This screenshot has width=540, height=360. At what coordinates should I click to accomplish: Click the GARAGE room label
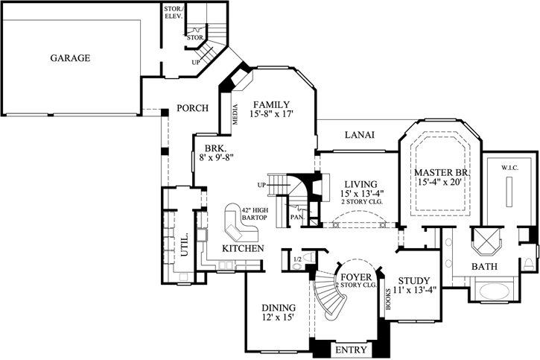tap(70, 57)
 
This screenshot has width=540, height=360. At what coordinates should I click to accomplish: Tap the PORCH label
tap(192, 108)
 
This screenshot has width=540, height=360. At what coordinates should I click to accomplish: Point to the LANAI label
tap(359, 135)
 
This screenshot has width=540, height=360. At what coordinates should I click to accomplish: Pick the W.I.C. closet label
tap(509, 167)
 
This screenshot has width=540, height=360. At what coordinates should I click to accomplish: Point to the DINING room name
tap(279, 307)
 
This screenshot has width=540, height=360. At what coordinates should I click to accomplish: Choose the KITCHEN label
tap(242, 247)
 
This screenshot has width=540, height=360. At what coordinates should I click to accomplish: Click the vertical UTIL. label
tap(184, 244)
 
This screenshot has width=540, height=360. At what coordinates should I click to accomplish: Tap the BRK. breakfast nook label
tap(215, 148)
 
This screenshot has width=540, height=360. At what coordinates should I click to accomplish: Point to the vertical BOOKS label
tap(388, 298)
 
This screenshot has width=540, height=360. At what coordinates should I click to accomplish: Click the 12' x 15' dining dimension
tap(279, 318)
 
